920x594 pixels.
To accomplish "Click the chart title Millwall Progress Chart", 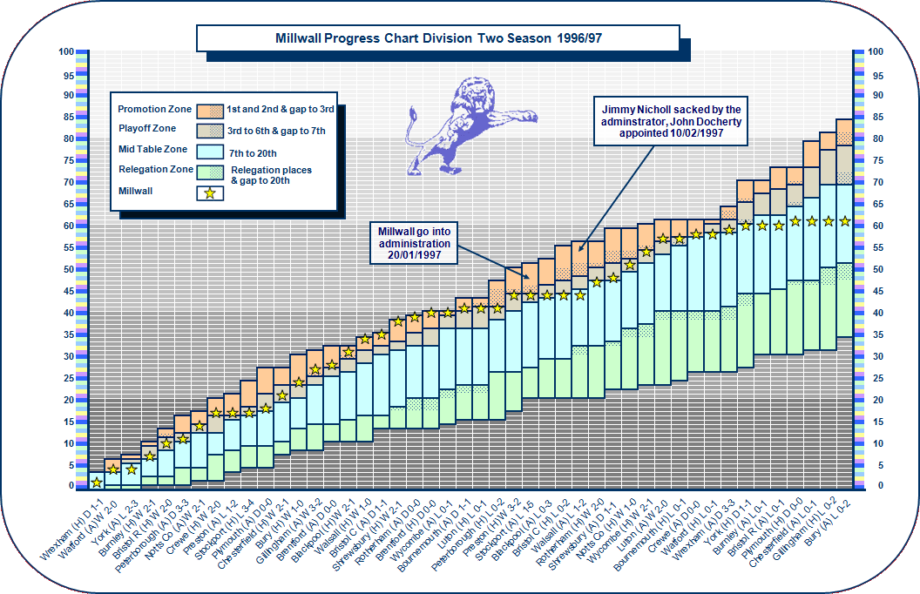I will (437, 38).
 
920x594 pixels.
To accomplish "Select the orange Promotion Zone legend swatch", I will (209, 110).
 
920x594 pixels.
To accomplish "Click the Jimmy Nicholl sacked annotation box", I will (672, 122).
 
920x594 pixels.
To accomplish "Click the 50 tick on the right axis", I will (876, 269).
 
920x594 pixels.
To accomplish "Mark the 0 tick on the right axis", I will (875, 486).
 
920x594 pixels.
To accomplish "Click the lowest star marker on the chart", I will (96, 482).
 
